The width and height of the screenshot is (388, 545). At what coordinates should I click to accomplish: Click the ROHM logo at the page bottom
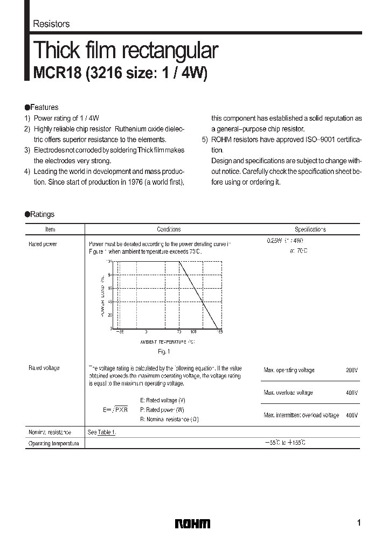pos(193,523)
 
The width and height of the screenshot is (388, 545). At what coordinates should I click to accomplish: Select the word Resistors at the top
pos(51,24)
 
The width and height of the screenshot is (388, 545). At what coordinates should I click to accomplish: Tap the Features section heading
pos(44,107)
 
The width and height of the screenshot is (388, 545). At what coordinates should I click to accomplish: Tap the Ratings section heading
pos(42,214)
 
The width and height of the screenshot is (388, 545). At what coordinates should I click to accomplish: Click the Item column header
pos(50,229)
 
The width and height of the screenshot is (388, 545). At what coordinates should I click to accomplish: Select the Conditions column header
pos(169,229)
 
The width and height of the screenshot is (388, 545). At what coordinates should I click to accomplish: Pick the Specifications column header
pos(310,229)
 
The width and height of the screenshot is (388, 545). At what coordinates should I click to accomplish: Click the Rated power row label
pos(43,244)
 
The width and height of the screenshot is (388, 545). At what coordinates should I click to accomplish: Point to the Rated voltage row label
pos(44,368)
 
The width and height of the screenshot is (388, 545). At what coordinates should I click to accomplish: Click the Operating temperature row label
pos(53,443)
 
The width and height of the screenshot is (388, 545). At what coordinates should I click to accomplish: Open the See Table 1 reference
pos(102,432)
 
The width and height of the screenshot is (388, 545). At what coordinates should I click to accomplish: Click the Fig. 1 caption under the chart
pos(164,352)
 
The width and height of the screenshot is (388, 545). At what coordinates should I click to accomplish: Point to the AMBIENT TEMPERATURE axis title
pos(167,342)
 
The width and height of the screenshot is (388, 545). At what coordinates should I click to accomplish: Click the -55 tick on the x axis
pos(119,332)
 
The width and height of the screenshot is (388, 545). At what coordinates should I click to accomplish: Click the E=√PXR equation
pos(115,409)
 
